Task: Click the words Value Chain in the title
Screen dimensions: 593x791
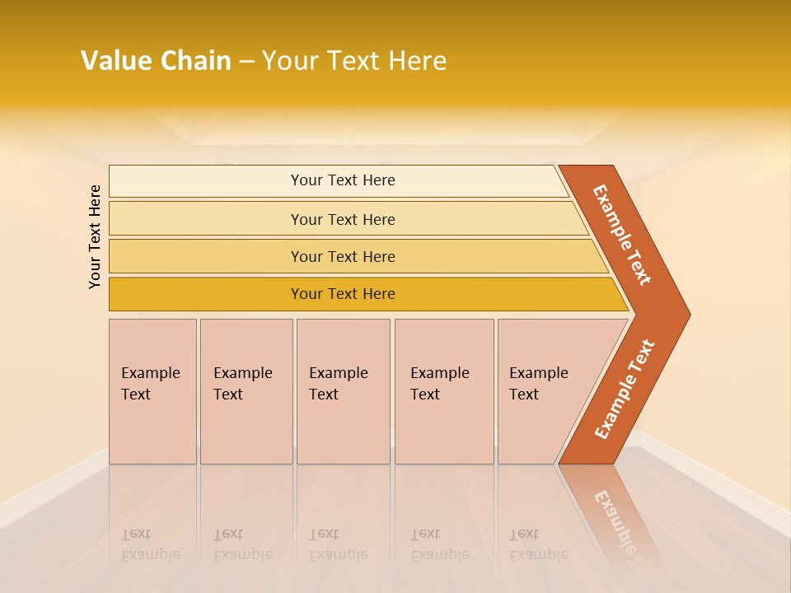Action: point(156,61)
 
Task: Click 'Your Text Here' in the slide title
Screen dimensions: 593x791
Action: point(354,61)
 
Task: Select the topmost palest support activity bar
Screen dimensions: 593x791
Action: point(206,181)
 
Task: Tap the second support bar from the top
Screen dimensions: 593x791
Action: point(206,219)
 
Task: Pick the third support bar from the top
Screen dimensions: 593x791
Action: point(206,256)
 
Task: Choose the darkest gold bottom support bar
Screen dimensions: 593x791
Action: point(206,294)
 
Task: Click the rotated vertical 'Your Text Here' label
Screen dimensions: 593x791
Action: point(95,236)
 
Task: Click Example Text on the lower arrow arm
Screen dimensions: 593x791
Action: point(625,389)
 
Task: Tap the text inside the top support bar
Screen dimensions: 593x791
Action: point(343,180)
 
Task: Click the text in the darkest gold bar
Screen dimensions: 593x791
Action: point(343,294)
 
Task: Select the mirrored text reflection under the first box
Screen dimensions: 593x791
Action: point(150,544)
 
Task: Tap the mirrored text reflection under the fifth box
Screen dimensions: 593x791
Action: point(538,544)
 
